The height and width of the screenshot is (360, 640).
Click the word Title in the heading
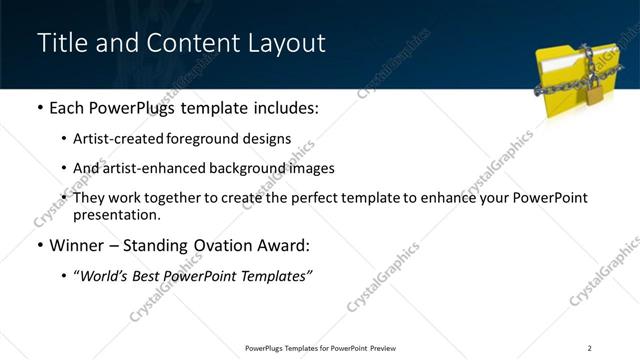click(x=62, y=44)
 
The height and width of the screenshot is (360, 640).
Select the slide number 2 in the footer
click(x=589, y=347)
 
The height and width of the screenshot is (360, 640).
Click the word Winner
click(x=76, y=246)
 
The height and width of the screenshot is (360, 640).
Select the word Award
click(x=279, y=246)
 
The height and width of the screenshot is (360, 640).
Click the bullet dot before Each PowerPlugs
click(x=40, y=107)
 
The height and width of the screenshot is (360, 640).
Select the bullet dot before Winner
click(x=40, y=246)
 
